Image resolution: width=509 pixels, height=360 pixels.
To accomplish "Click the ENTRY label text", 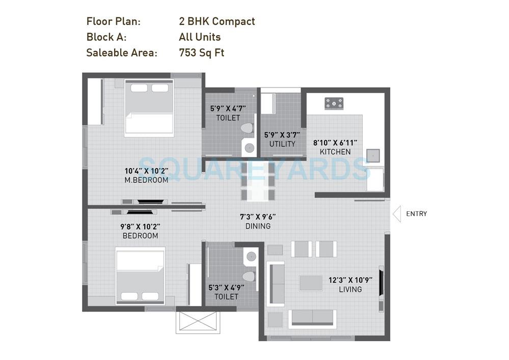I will [416, 214].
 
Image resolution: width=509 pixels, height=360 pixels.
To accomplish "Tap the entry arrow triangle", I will [396, 214].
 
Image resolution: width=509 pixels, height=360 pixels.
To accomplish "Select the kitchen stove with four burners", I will [334, 104].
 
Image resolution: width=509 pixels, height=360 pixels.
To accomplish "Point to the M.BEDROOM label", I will [146, 180].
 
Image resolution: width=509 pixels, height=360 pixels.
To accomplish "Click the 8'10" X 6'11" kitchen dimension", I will [335, 143].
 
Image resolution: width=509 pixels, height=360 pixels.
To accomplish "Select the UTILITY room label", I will [282, 144].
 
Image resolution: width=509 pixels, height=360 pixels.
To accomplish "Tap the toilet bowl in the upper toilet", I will [248, 128].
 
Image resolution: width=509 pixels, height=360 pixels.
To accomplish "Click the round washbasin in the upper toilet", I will [249, 148].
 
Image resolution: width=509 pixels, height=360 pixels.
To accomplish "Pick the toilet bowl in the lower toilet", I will [248, 276].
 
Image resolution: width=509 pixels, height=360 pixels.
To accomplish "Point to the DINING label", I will [258, 226].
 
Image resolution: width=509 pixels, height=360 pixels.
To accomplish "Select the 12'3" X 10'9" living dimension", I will [350, 280].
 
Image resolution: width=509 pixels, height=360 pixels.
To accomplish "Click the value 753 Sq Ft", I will [201, 52].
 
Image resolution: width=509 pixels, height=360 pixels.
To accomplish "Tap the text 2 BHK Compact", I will [217, 21].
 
